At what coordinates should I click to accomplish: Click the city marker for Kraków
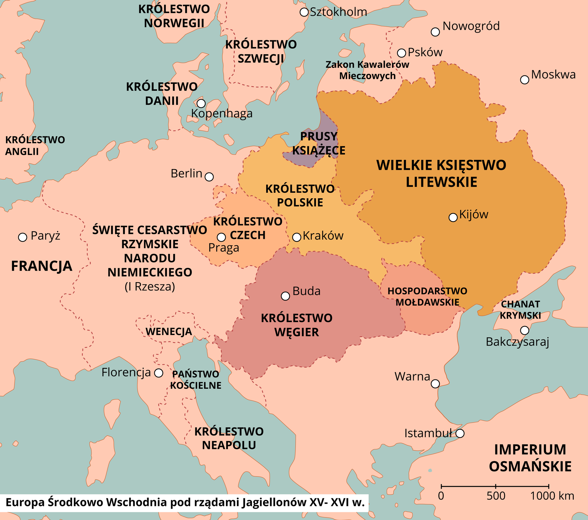[x=296, y=237]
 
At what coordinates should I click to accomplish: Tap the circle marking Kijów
[x=453, y=217]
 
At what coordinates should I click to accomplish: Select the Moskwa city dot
[x=524, y=80]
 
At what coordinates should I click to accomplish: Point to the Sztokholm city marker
[x=304, y=12]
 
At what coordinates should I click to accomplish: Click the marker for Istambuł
[x=460, y=433]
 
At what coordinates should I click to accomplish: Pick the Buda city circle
[x=285, y=296]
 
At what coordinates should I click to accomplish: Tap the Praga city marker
[x=221, y=237]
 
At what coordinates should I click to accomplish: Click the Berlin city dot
[x=209, y=177]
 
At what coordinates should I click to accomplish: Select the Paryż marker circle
[x=22, y=237]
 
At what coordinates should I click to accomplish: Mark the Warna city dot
[x=435, y=384]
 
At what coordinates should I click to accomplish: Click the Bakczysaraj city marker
[x=524, y=331]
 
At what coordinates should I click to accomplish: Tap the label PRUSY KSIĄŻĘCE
[x=319, y=143]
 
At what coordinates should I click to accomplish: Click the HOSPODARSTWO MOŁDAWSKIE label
[x=427, y=296]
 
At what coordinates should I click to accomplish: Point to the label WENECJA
[x=169, y=332]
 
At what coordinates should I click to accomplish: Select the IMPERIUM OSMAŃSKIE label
[x=530, y=458]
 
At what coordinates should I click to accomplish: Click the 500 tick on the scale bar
[x=495, y=487]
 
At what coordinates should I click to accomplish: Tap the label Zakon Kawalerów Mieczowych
[x=367, y=70]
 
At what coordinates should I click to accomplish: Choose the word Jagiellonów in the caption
[x=274, y=502]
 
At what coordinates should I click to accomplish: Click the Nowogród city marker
[x=435, y=32]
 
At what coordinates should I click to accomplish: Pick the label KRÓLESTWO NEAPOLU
[x=229, y=438]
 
